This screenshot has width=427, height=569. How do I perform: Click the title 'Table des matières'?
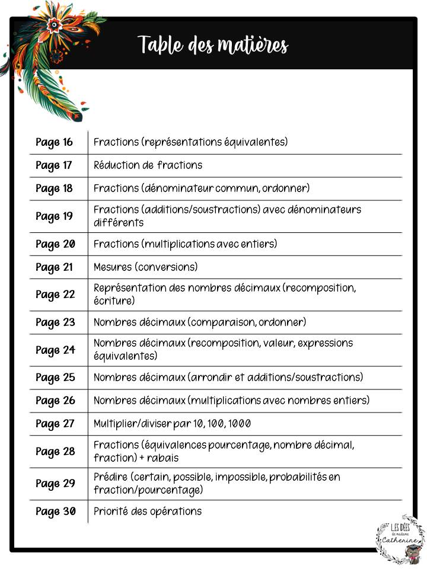213,45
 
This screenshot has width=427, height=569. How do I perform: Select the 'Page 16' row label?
54,142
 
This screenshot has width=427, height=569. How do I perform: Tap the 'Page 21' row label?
54,267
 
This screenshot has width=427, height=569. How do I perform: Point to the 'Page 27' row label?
55,424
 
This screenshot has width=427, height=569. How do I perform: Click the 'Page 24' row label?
55,350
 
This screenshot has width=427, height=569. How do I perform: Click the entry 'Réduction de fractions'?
148,165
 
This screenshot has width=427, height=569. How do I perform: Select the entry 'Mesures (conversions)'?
145,267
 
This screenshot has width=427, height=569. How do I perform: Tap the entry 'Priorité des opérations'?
148,512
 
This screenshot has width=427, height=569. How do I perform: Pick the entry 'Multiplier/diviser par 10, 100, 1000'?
172,424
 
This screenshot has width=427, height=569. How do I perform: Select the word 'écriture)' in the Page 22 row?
114,301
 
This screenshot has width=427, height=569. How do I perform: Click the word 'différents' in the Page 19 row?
118,223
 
